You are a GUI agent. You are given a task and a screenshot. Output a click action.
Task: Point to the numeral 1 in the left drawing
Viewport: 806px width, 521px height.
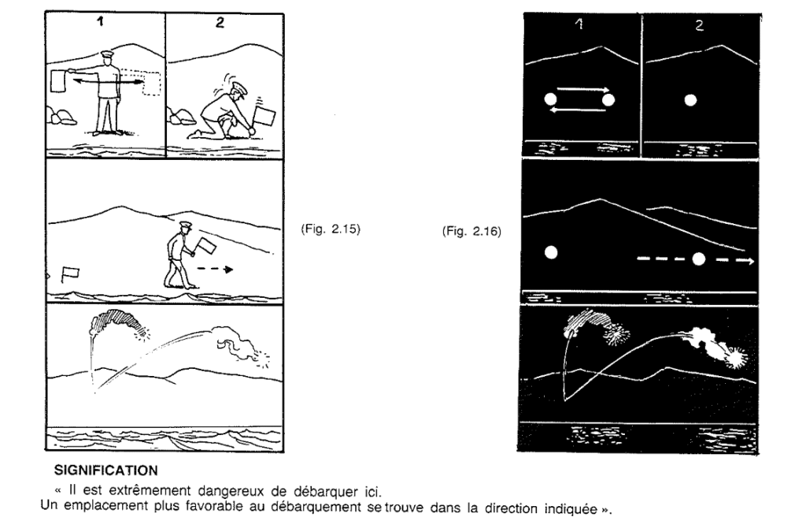pyautogui.click(x=99, y=23)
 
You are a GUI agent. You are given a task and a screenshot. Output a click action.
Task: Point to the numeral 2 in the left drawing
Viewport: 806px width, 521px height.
pyautogui.click(x=220, y=24)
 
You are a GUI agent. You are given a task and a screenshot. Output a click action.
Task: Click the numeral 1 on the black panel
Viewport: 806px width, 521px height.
pyautogui.click(x=581, y=25)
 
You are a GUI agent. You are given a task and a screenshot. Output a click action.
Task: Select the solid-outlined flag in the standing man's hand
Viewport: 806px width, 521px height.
pyautogui.click(x=61, y=80)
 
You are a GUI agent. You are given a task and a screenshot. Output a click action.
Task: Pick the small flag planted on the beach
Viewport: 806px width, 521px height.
pyautogui.click(x=71, y=274)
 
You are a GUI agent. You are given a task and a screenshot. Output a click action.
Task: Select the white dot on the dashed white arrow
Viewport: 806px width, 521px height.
pyautogui.click(x=698, y=259)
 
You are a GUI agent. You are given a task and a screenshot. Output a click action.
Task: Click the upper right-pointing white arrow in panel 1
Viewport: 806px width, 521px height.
pyautogui.click(x=583, y=91)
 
